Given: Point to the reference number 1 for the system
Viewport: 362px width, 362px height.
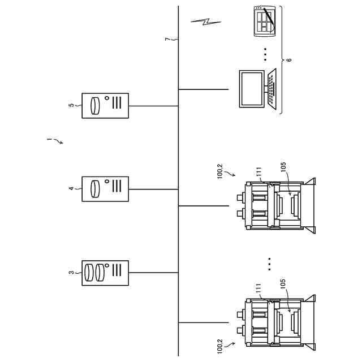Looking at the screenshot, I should click(49, 138).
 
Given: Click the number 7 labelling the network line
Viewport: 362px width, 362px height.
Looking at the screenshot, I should click(167, 39).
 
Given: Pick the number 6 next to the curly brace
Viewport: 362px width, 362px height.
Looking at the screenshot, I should click(289, 59).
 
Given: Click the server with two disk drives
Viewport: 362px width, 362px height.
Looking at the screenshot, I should click(105, 273).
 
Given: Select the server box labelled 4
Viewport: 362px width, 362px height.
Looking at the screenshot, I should click(105, 188).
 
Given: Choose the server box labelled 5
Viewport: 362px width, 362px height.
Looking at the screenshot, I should click(105, 105).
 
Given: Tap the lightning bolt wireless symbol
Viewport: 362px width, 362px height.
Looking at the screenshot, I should click(206, 23).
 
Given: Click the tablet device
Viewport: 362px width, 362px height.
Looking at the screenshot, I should click(264, 21).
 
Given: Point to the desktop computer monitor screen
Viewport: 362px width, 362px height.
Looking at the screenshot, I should click(252, 89).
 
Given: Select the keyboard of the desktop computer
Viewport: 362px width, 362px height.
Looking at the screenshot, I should click(272, 89).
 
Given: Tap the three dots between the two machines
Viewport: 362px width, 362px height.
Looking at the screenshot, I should click(270, 264).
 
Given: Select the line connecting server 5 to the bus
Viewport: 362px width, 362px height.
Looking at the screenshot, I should click(153, 105).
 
